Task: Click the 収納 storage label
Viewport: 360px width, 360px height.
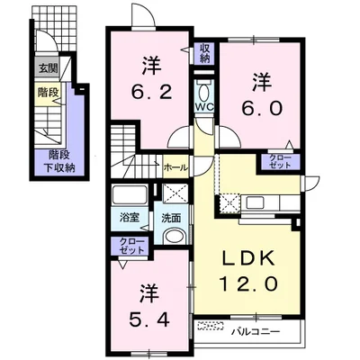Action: [x=204, y=53]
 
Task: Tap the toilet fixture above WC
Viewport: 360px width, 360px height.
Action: [x=203, y=92]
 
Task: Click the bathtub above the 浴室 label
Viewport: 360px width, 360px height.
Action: [x=130, y=194]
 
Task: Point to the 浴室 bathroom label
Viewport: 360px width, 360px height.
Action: [x=130, y=217]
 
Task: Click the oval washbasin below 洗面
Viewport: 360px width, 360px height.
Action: [x=175, y=236]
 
